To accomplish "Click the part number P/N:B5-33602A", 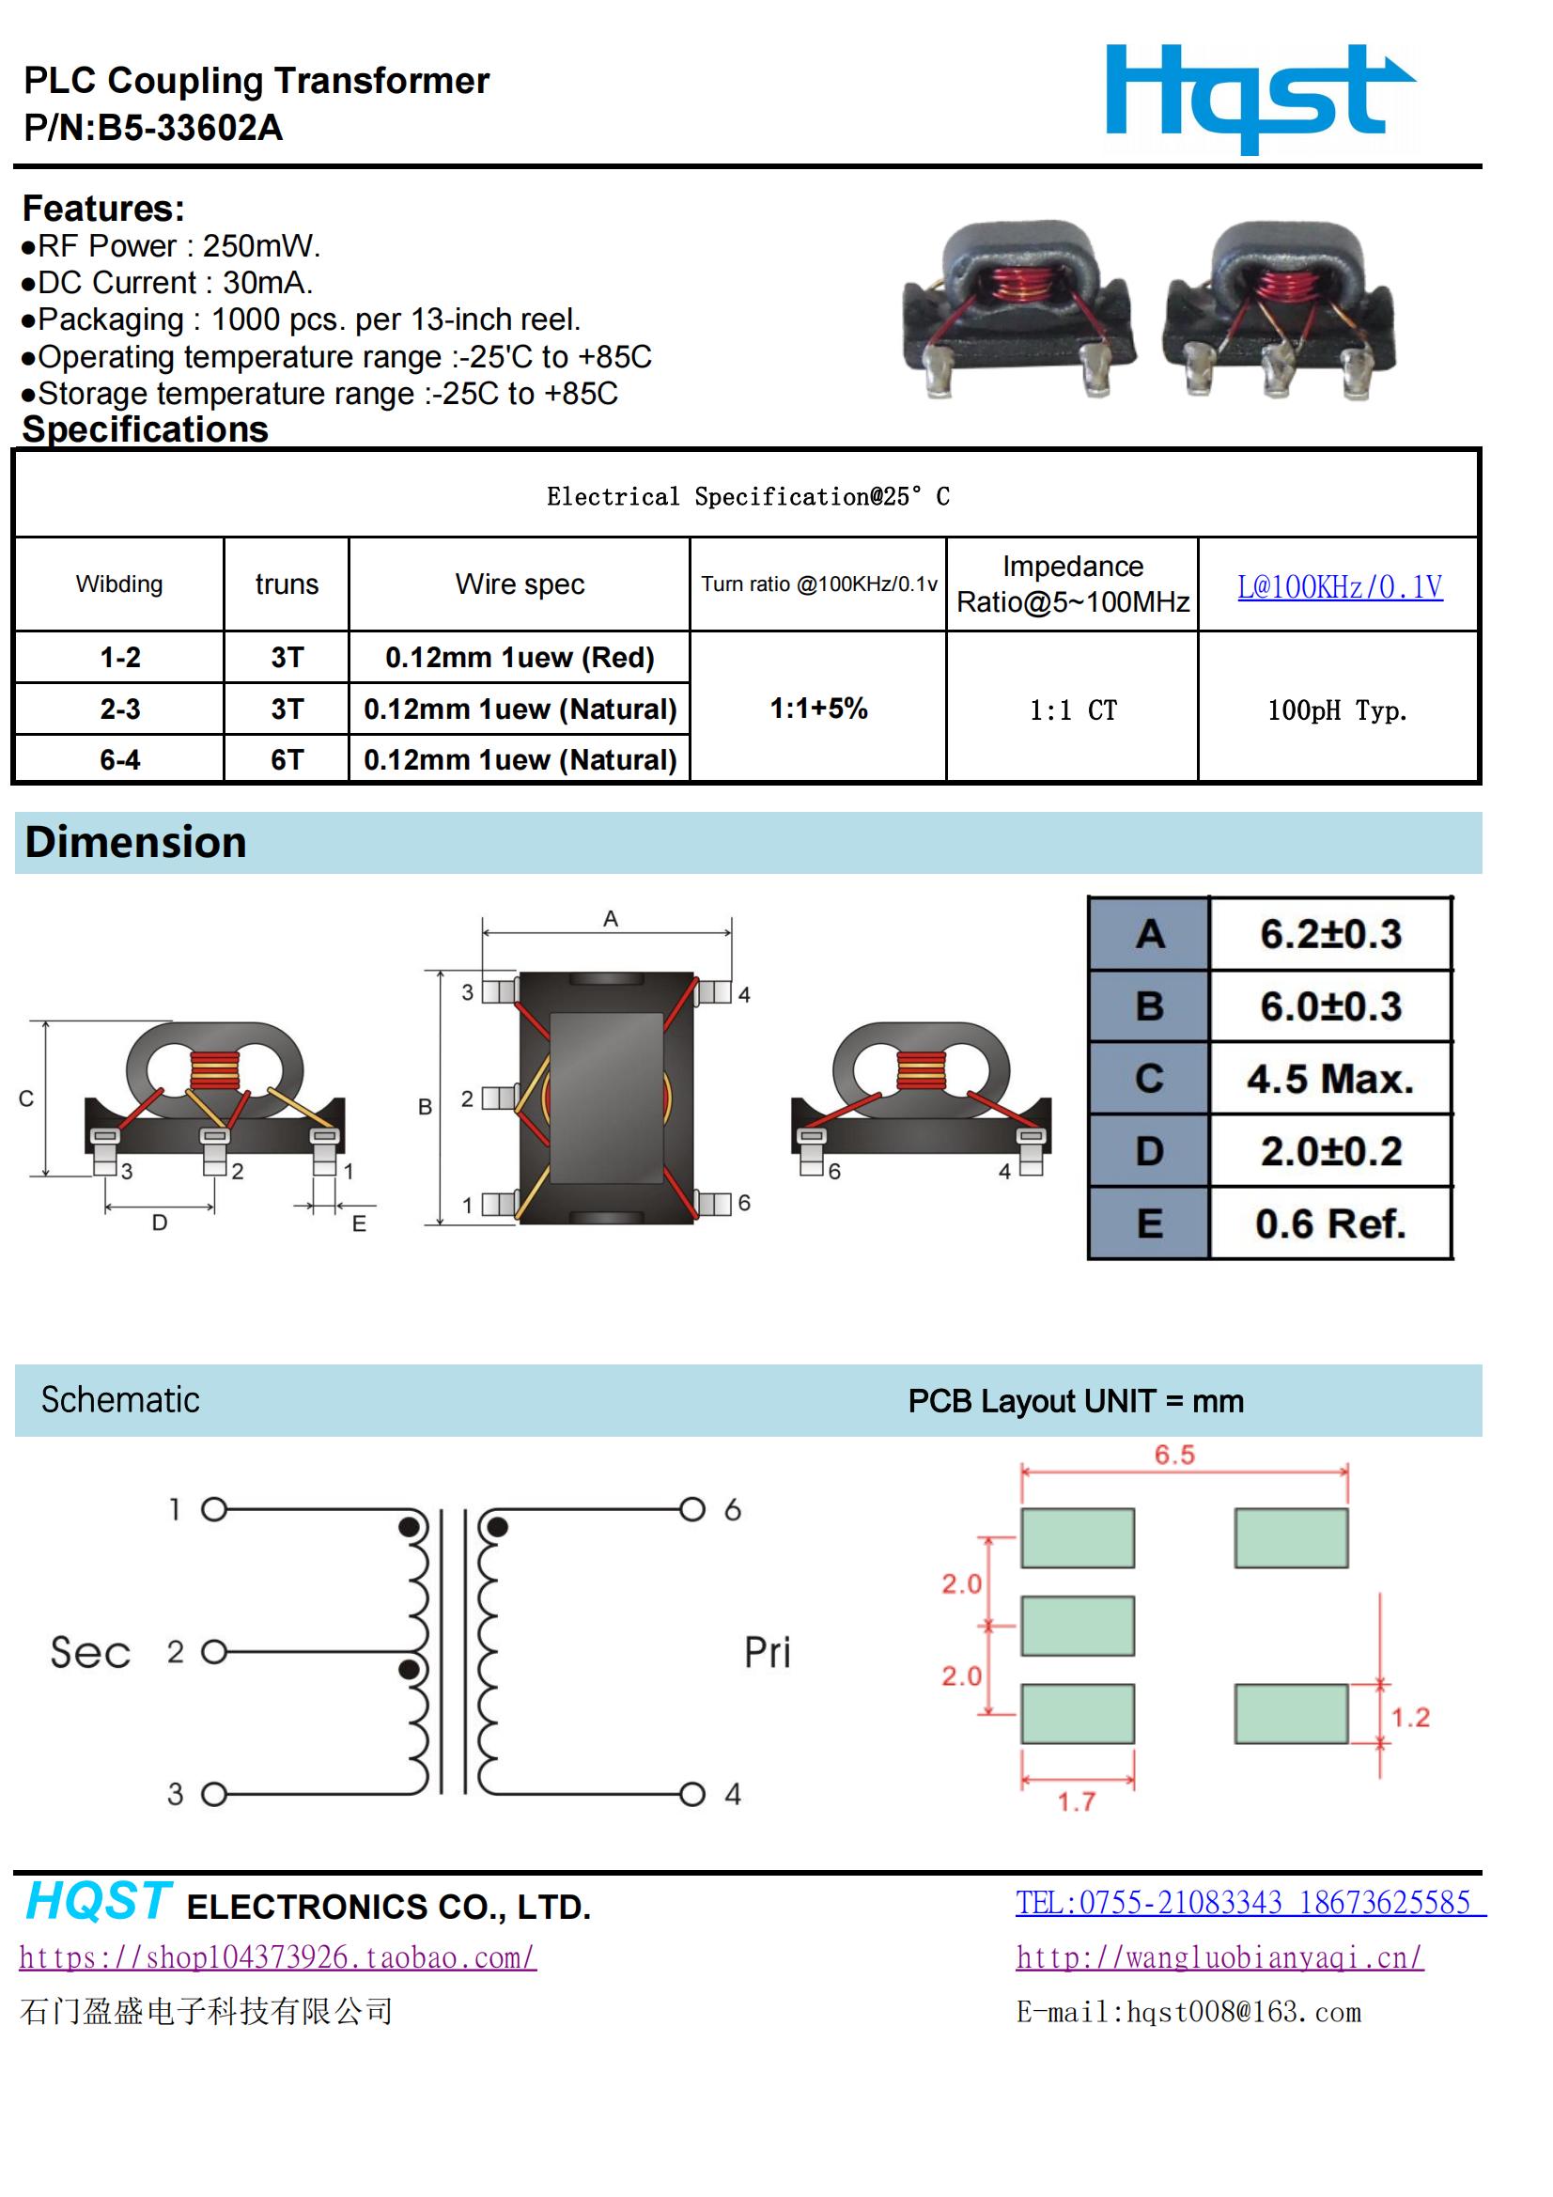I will pyautogui.click(x=153, y=128).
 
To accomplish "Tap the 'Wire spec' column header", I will pyautogui.click(x=520, y=584).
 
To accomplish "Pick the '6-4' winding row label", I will pyautogui.click(x=119, y=760).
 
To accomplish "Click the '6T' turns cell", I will pyautogui.click(x=287, y=760).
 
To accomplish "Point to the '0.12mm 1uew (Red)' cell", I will pyautogui.click(x=520, y=658).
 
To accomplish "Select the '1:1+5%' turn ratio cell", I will pyautogui.click(x=818, y=709).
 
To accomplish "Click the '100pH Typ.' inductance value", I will pyautogui.click(x=1337, y=710).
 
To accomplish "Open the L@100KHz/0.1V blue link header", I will pyautogui.click(x=1339, y=586).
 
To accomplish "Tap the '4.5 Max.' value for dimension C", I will pyautogui.click(x=1330, y=1079).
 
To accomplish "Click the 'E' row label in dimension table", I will pyautogui.click(x=1149, y=1223).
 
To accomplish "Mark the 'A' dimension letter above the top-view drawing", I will pyautogui.click(x=611, y=920).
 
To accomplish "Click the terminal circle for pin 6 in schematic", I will pyautogui.click(x=691, y=1509).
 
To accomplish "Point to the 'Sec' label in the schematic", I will pyautogui.click(x=90, y=1653).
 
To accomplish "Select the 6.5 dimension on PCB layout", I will pyautogui.click(x=1174, y=1455).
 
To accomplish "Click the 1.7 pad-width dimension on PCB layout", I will pyautogui.click(x=1077, y=1801).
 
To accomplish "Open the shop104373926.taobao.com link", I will pyautogui.click(x=277, y=1956).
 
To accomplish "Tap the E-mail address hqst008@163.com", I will pyautogui.click(x=1188, y=2011).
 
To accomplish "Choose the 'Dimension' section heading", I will pyautogui.click(x=136, y=842).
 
